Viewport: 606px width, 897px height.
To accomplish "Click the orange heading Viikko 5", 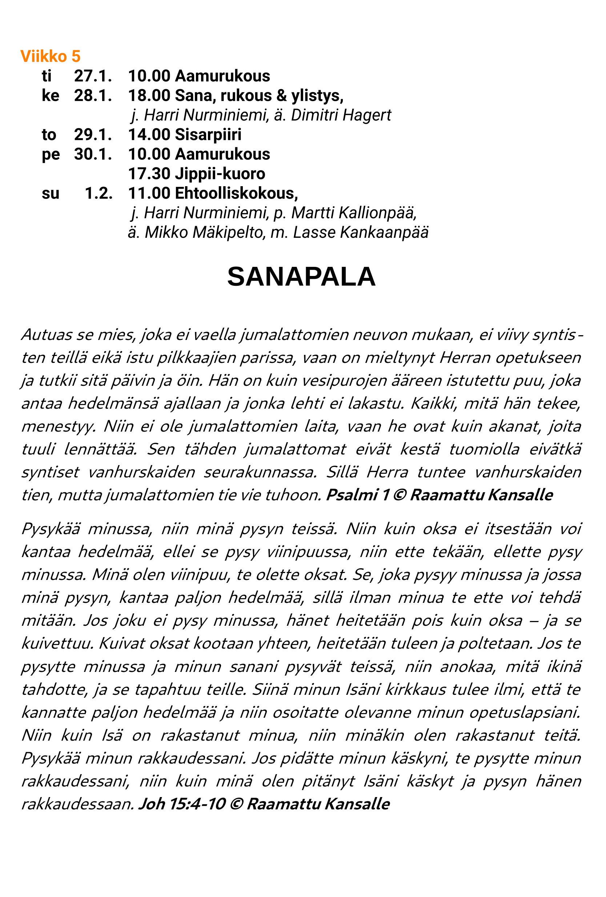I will (50, 56).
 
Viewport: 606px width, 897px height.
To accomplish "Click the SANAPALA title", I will (301, 277).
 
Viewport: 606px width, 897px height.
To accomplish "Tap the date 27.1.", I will (93, 76).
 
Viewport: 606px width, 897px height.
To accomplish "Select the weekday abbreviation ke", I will (50, 96).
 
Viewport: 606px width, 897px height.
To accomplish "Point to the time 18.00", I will (149, 96).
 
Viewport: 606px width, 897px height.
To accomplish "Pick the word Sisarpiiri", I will (208, 135).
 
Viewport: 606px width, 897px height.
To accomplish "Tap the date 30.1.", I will (93, 155).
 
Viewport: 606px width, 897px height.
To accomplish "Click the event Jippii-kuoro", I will (220, 174).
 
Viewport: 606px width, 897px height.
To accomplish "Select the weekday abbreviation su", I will (50, 193).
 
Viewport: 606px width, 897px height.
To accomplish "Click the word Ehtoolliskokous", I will (236, 193).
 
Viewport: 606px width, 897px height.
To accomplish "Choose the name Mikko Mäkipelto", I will (204, 233).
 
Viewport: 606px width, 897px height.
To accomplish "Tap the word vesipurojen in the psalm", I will (345, 381).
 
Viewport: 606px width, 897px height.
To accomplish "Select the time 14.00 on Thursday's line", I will (149, 135).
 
